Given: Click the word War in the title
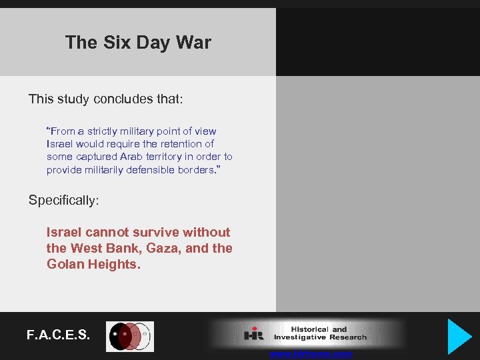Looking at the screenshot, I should tap(193, 43).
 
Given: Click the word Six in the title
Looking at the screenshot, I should tap(117, 43).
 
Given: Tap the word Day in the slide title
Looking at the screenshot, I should tap(154, 43).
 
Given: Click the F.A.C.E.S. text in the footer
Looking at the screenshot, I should tap(59, 335).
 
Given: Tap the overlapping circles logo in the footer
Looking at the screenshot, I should tap(129, 337).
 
